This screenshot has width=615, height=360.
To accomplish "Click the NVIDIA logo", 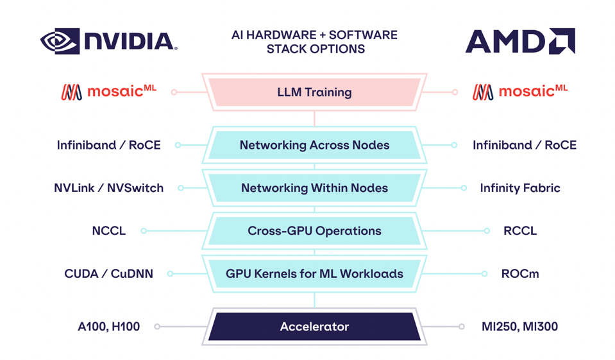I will [x=108, y=41].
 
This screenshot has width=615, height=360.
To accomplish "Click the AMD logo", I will [x=519, y=42].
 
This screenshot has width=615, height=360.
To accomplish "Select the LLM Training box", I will [x=314, y=92].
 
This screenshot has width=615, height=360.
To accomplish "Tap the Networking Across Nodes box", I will [x=314, y=146].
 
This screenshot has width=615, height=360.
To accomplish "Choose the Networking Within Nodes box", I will [x=314, y=188].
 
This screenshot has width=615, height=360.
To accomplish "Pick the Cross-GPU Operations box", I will [x=314, y=231].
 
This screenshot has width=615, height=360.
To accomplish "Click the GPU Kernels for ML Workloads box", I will [x=314, y=274].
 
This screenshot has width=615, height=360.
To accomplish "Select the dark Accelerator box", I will [x=314, y=327].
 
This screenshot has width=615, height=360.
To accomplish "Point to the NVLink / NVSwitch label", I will [x=108, y=188].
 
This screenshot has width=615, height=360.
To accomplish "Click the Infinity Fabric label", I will [x=519, y=188].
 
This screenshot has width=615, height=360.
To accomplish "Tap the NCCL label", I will [x=108, y=231].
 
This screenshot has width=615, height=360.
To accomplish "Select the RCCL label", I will [x=519, y=231].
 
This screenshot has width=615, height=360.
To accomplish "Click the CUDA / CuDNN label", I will [x=108, y=274].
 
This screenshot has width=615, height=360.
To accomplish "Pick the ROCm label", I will [x=519, y=274].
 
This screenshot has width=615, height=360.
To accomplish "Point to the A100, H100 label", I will [x=108, y=327].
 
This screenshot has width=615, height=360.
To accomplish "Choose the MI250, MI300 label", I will [x=519, y=327].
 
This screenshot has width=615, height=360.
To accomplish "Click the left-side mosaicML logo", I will [x=108, y=92].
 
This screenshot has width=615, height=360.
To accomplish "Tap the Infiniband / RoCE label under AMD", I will [x=524, y=145].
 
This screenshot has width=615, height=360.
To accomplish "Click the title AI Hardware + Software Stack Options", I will [x=314, y=42].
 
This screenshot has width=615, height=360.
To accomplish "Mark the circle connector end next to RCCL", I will [x=487, y=231].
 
